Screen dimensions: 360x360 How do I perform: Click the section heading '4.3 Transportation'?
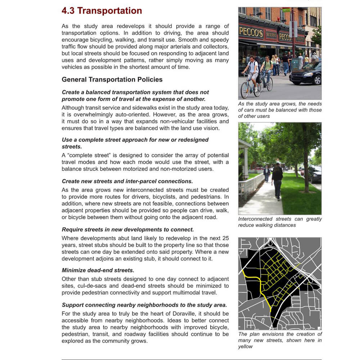click(x=102, y=11)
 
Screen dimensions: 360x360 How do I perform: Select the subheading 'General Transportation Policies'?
click(x=112, y=80)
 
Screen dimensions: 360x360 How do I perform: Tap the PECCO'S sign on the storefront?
click(x=251, y=32)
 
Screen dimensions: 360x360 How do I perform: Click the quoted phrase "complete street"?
click(x=83, y=156)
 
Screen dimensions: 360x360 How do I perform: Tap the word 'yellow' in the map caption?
click(x=246, y=347)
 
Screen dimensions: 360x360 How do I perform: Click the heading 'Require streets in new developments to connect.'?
click(x=128, y=229)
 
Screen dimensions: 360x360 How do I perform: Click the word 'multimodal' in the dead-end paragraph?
click(x=190, y=293)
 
